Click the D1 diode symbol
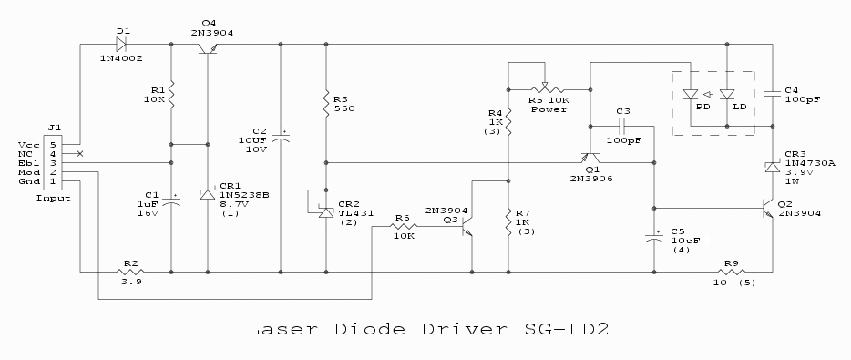(120, 44)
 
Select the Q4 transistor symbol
(209, 48)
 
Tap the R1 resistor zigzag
(171, 95)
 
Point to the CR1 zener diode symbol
(208, 194)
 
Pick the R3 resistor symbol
(326, 104)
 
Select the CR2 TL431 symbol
(325, 211)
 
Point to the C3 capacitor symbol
(622, 127)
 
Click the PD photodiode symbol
(691, 95)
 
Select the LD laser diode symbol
(727, 95)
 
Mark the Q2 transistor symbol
(767, 208)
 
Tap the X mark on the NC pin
(80, 154)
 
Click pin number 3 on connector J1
(53, 163)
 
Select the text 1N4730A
(802, 162)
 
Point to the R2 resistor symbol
(131, 271)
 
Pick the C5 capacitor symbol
(653, 239)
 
